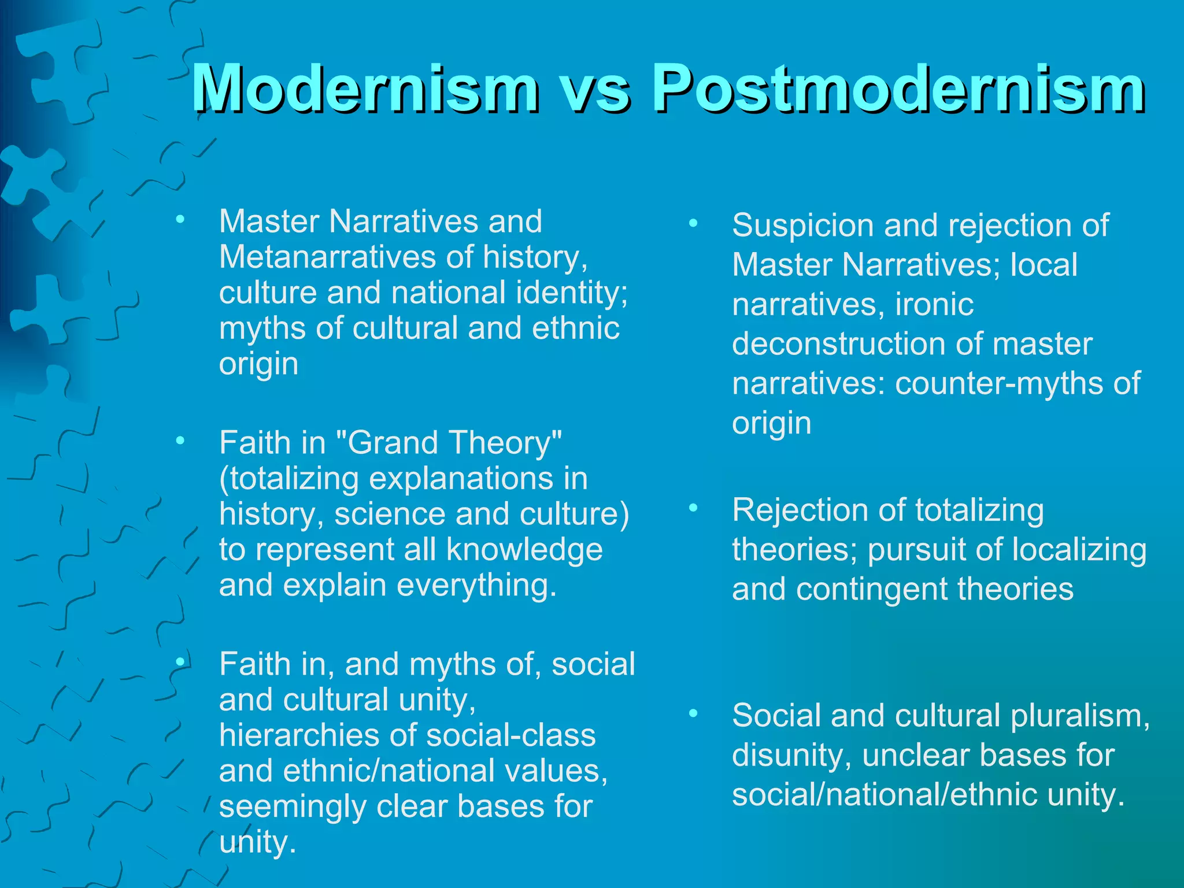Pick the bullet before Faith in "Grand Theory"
[180, 442]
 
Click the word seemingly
[293, 807]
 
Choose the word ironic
[934, 305]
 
